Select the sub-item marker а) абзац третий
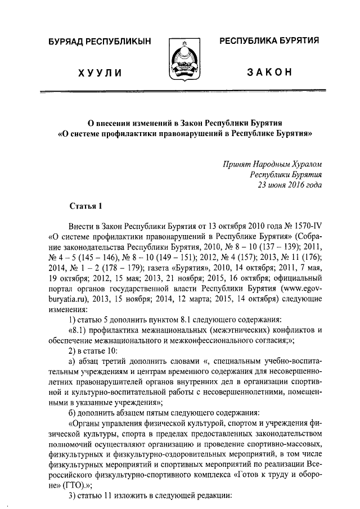coord(71,362)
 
